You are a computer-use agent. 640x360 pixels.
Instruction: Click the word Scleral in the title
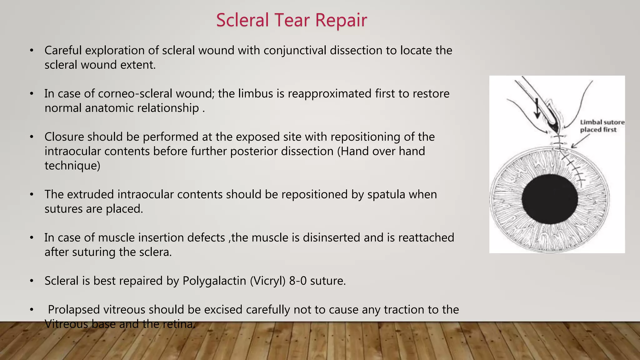pos(242,20)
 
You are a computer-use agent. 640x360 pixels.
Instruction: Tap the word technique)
pos(72,166)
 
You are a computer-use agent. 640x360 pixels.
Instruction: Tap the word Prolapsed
pos(74,309)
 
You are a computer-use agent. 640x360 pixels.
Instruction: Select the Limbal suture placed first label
pos(602,126)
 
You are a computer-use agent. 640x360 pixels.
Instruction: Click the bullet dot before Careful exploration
pos(32,51)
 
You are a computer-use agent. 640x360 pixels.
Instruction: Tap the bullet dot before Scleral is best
pos(32,281)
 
